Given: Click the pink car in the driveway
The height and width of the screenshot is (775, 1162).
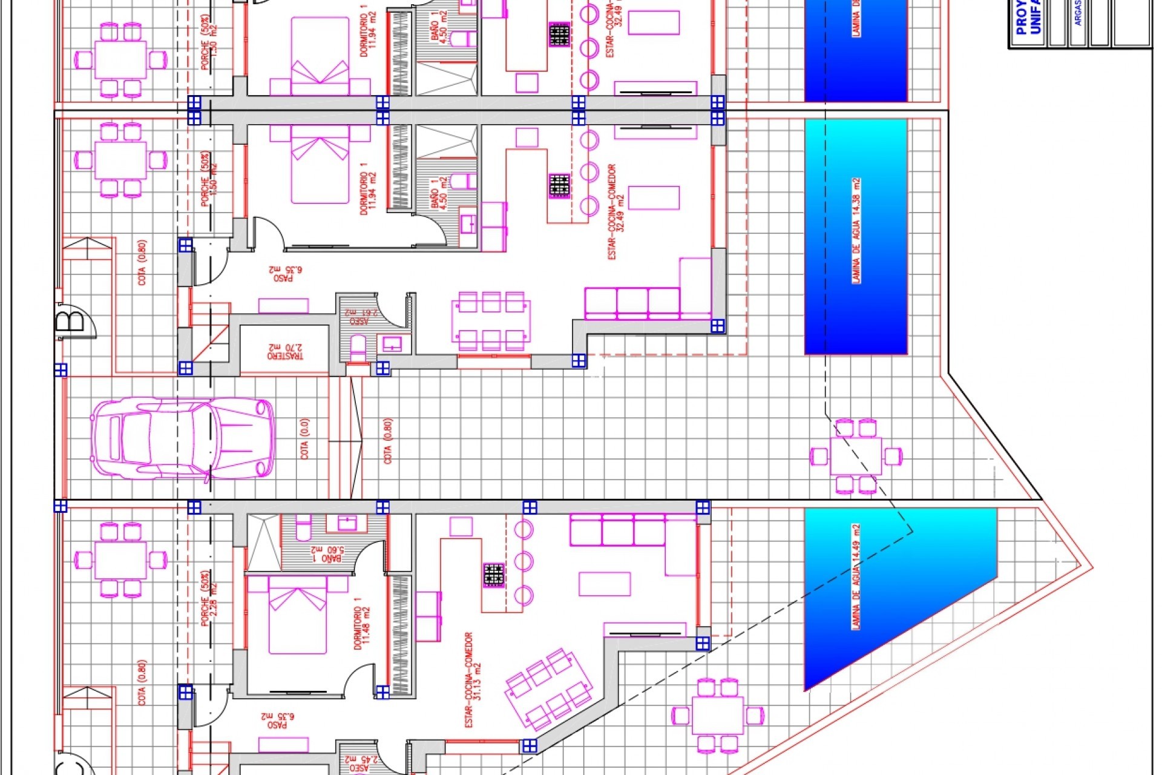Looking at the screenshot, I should (182, 438).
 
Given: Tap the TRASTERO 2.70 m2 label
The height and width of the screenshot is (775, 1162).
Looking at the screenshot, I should (286, 352).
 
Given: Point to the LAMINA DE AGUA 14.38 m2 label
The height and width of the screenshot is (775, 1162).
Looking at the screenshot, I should (856, 231).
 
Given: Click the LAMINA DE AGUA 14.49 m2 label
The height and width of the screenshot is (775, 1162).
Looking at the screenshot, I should (856, 576).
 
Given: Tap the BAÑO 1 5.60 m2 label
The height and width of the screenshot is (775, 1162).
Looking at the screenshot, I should (327, 553).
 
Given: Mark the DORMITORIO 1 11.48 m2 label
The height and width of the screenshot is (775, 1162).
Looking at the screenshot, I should (361, 624).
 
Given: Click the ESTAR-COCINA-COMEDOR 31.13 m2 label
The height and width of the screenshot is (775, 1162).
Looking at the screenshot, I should (473, 680).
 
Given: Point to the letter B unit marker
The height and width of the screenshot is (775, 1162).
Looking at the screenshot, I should (71, 321).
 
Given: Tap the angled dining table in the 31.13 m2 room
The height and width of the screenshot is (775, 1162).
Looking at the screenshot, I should (548, 690).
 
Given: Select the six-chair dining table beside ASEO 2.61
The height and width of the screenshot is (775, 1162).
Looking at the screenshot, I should (491, 321).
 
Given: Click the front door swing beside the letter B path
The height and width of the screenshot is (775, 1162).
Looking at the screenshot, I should (212, 268).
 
